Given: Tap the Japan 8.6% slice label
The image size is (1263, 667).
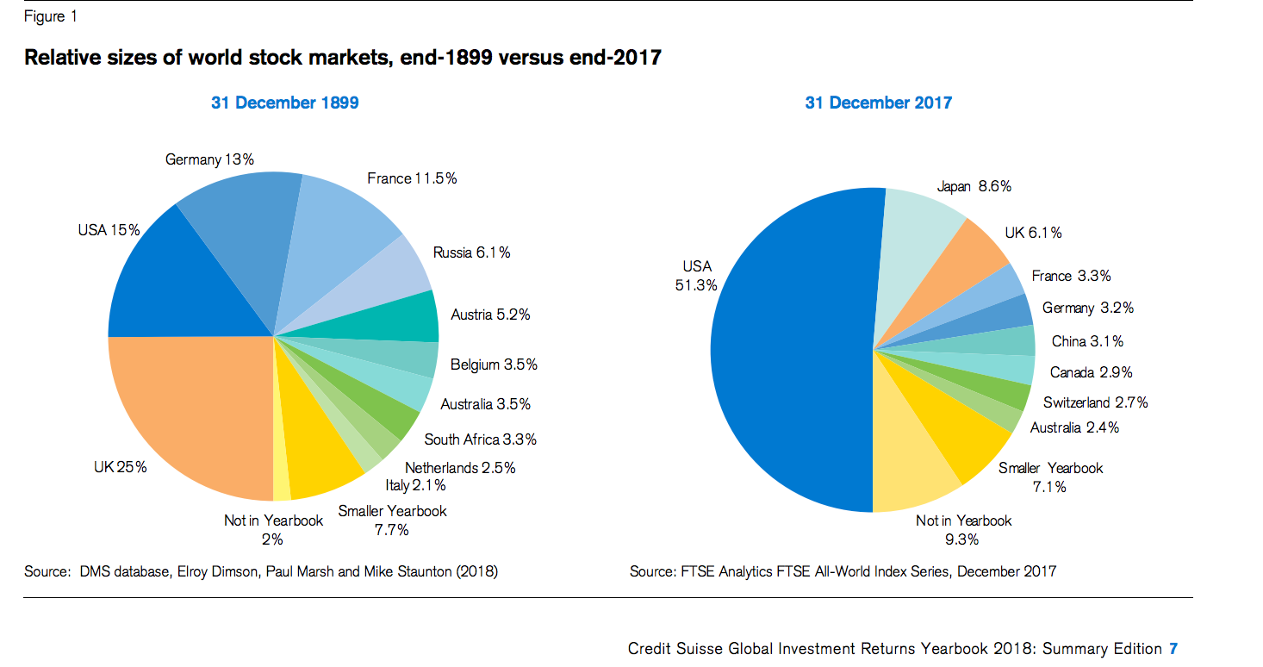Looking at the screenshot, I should tap(974, 186).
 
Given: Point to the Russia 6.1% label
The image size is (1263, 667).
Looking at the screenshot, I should tap(471, 252).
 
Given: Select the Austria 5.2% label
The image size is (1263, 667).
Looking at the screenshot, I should tap(490, 315).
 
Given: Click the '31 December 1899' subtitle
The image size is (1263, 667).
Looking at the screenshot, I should tap(285, 103).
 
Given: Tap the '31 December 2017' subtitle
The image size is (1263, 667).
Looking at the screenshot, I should tap(878, 103).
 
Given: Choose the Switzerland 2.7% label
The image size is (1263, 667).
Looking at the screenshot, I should tap(1095, 402).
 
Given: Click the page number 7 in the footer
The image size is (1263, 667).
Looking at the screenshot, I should tap(1173, 648).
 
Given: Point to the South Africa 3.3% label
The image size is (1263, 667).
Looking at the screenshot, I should tap(480, 439).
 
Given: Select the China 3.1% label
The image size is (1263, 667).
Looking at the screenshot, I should tap(1087, 341).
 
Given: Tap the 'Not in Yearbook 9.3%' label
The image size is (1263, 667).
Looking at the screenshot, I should tap(963, 529).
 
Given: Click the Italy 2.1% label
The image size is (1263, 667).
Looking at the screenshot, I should tap(415, 486).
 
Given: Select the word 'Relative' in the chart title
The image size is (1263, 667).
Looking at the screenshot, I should tap(62, 58).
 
